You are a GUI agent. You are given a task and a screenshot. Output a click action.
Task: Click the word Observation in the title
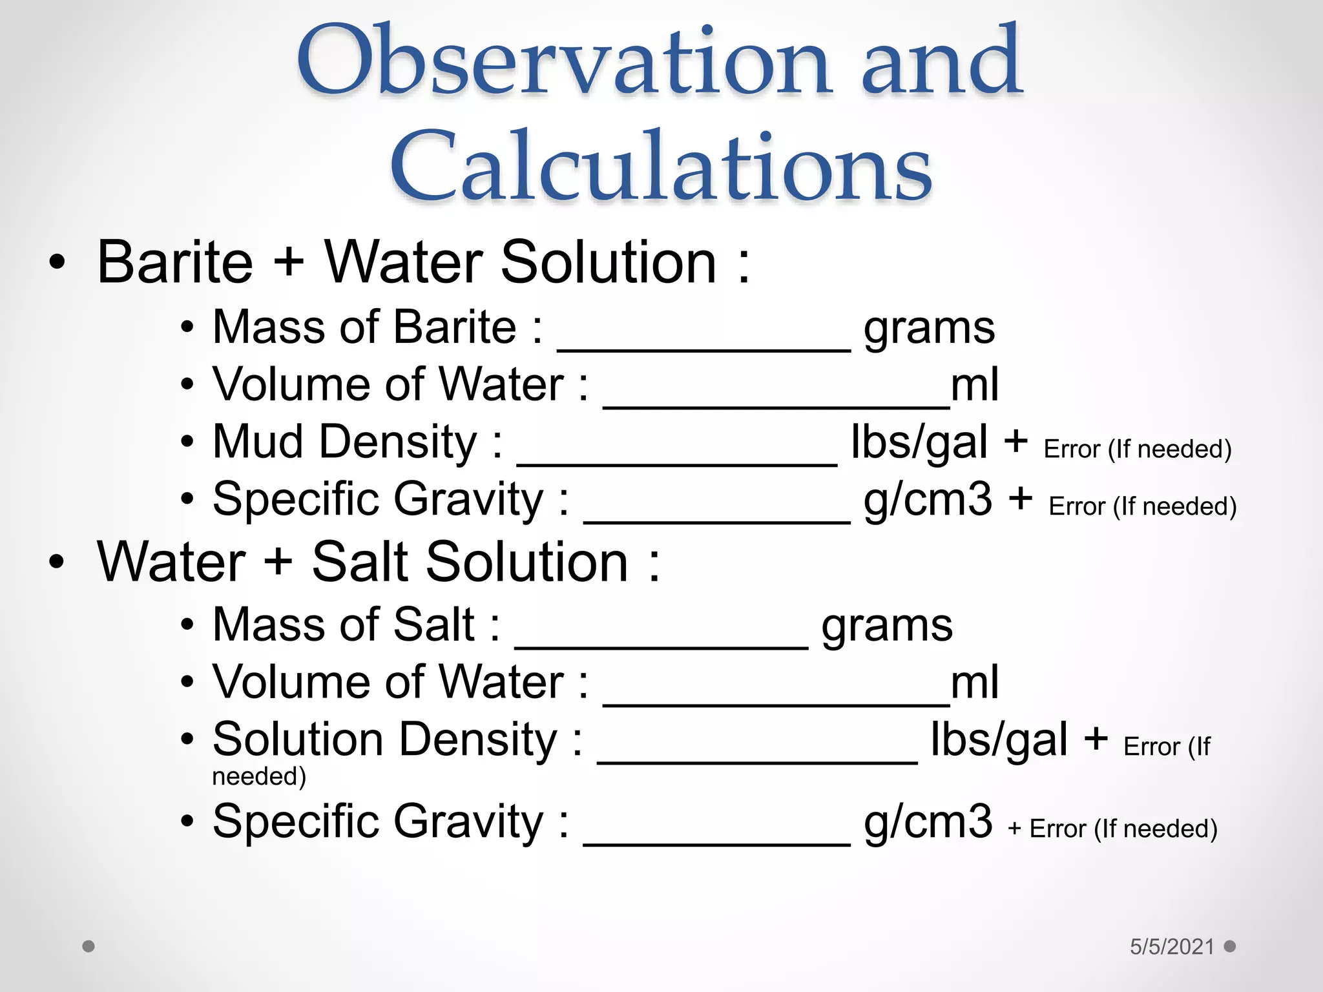[562, 61]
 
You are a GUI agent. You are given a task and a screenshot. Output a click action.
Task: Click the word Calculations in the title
[660, 166]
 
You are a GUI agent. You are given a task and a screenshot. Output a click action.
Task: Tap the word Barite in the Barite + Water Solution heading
[174, 262]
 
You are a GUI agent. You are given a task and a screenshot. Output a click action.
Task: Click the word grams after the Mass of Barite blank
[929, 329]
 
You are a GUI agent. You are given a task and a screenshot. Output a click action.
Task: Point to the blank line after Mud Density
[676, 461]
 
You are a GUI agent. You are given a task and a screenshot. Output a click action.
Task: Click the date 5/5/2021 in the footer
[1172, 947]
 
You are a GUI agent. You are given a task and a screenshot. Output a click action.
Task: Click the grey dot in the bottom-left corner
[89, 947]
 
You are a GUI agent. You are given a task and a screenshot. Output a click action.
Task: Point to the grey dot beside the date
[1230, 946]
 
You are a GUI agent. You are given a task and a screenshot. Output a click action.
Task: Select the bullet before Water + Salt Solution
[57, 562]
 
